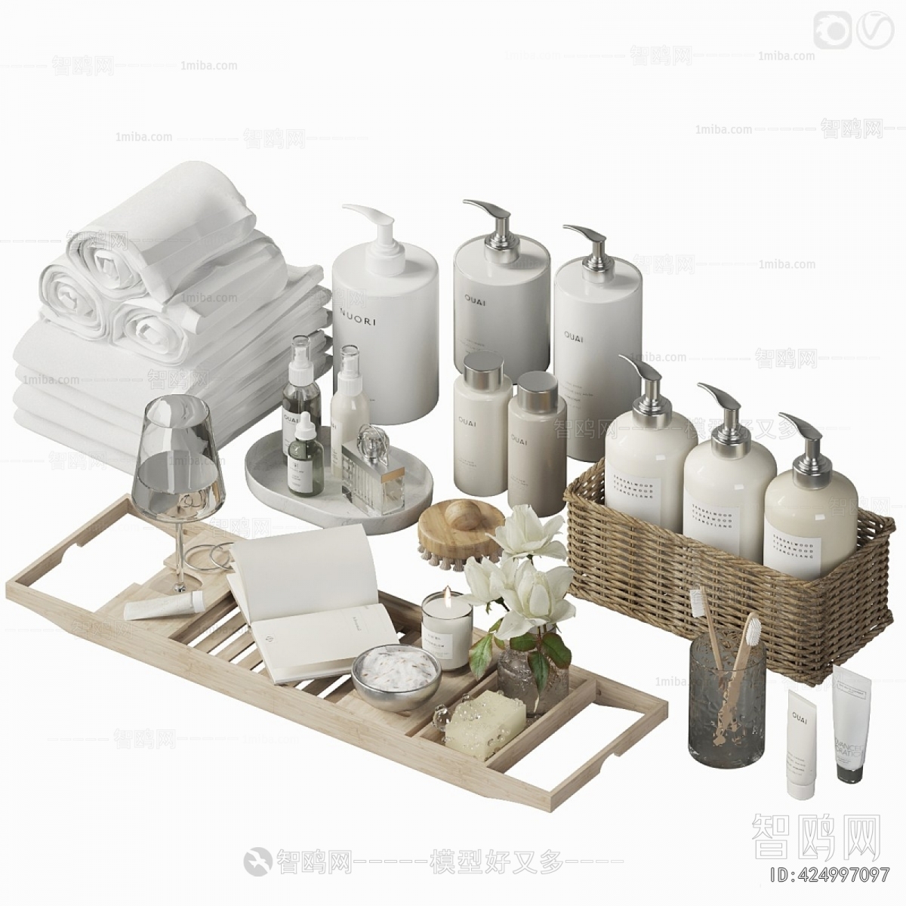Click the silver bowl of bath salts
click(396, 676)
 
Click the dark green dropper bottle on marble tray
click(304, 458)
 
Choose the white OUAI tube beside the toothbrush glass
click(800, 744)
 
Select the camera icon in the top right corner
click(832, 30)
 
